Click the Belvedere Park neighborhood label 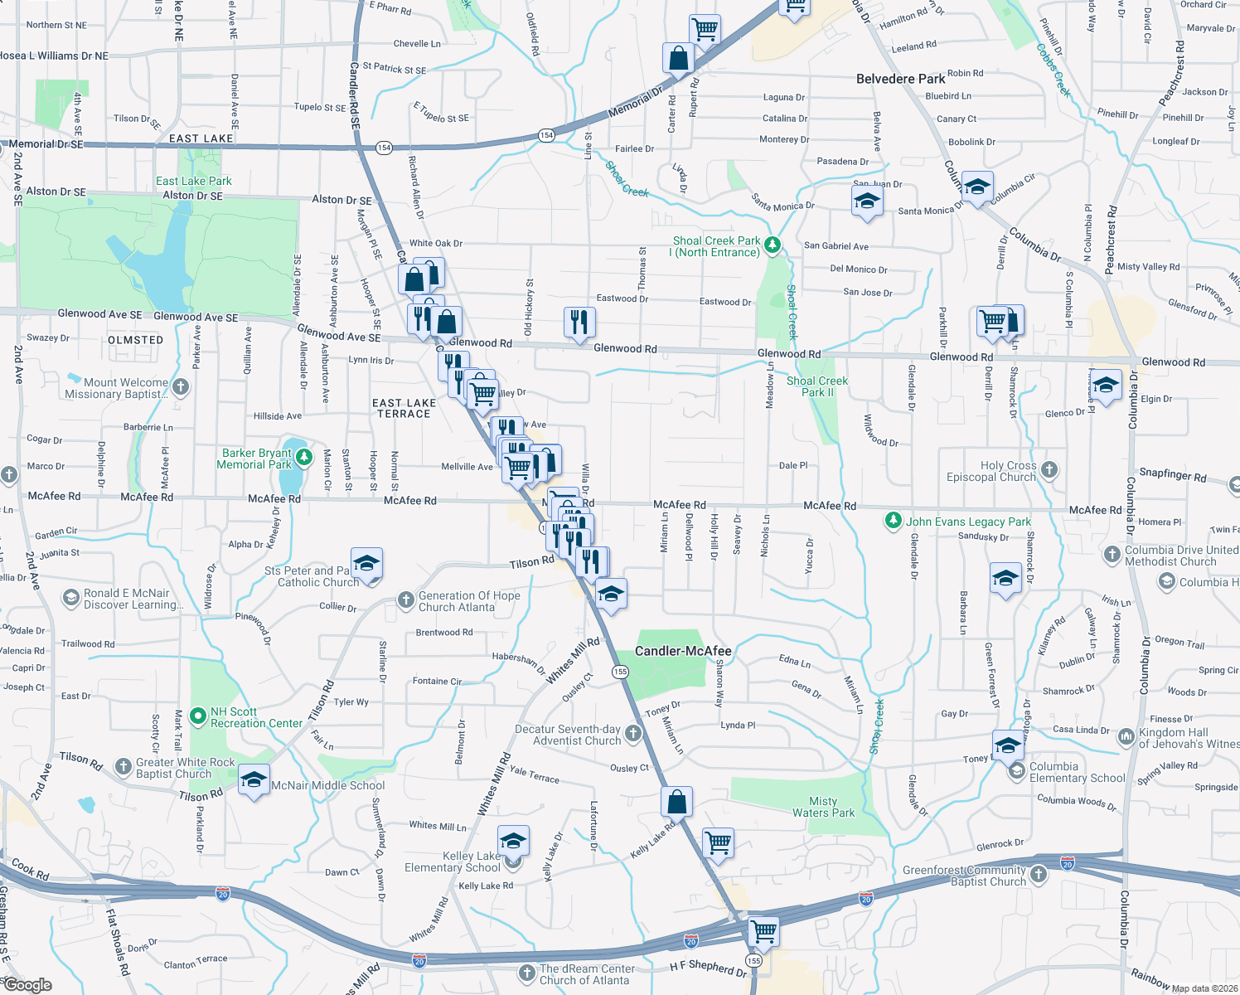900,79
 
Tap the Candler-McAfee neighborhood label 683,651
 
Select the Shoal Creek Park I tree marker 773,245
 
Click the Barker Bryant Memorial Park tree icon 304,457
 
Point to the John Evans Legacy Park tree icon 893,521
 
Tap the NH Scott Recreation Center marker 197,716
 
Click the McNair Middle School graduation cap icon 254,780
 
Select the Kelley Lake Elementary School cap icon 513,841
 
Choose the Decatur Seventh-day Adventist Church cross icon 633,733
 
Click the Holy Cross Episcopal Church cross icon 1049,470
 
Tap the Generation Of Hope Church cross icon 405,599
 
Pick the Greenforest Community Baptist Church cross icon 1039,874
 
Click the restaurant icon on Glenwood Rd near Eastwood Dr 579,322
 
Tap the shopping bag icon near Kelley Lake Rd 676,802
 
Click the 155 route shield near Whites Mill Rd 621,672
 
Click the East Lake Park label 194,181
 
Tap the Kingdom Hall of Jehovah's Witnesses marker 1126,735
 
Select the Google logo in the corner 27,985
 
